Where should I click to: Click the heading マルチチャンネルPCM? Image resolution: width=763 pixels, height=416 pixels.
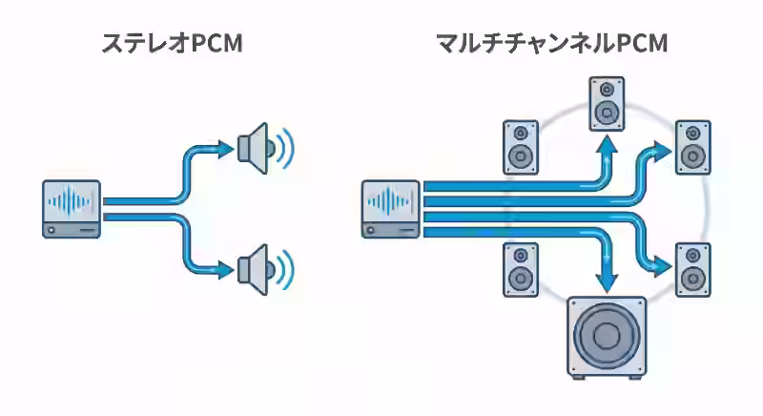551,44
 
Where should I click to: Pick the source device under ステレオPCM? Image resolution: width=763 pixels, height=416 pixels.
72,208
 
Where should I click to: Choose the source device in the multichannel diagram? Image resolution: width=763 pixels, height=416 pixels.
391,208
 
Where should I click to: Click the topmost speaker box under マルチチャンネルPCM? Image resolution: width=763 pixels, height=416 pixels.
606,104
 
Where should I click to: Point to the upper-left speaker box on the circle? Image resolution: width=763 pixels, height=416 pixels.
521,147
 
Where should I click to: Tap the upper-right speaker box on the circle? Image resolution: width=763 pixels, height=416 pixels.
691,147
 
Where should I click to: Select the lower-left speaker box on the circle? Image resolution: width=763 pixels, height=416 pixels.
521,269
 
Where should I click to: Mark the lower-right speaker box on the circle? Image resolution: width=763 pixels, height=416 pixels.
691,269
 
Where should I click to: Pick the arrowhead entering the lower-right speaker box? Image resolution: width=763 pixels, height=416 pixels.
661,263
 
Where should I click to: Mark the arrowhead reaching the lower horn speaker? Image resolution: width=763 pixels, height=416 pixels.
223,270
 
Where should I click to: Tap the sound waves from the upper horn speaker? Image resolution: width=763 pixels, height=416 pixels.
285,147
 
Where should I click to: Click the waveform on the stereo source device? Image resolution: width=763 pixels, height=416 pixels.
72,201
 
